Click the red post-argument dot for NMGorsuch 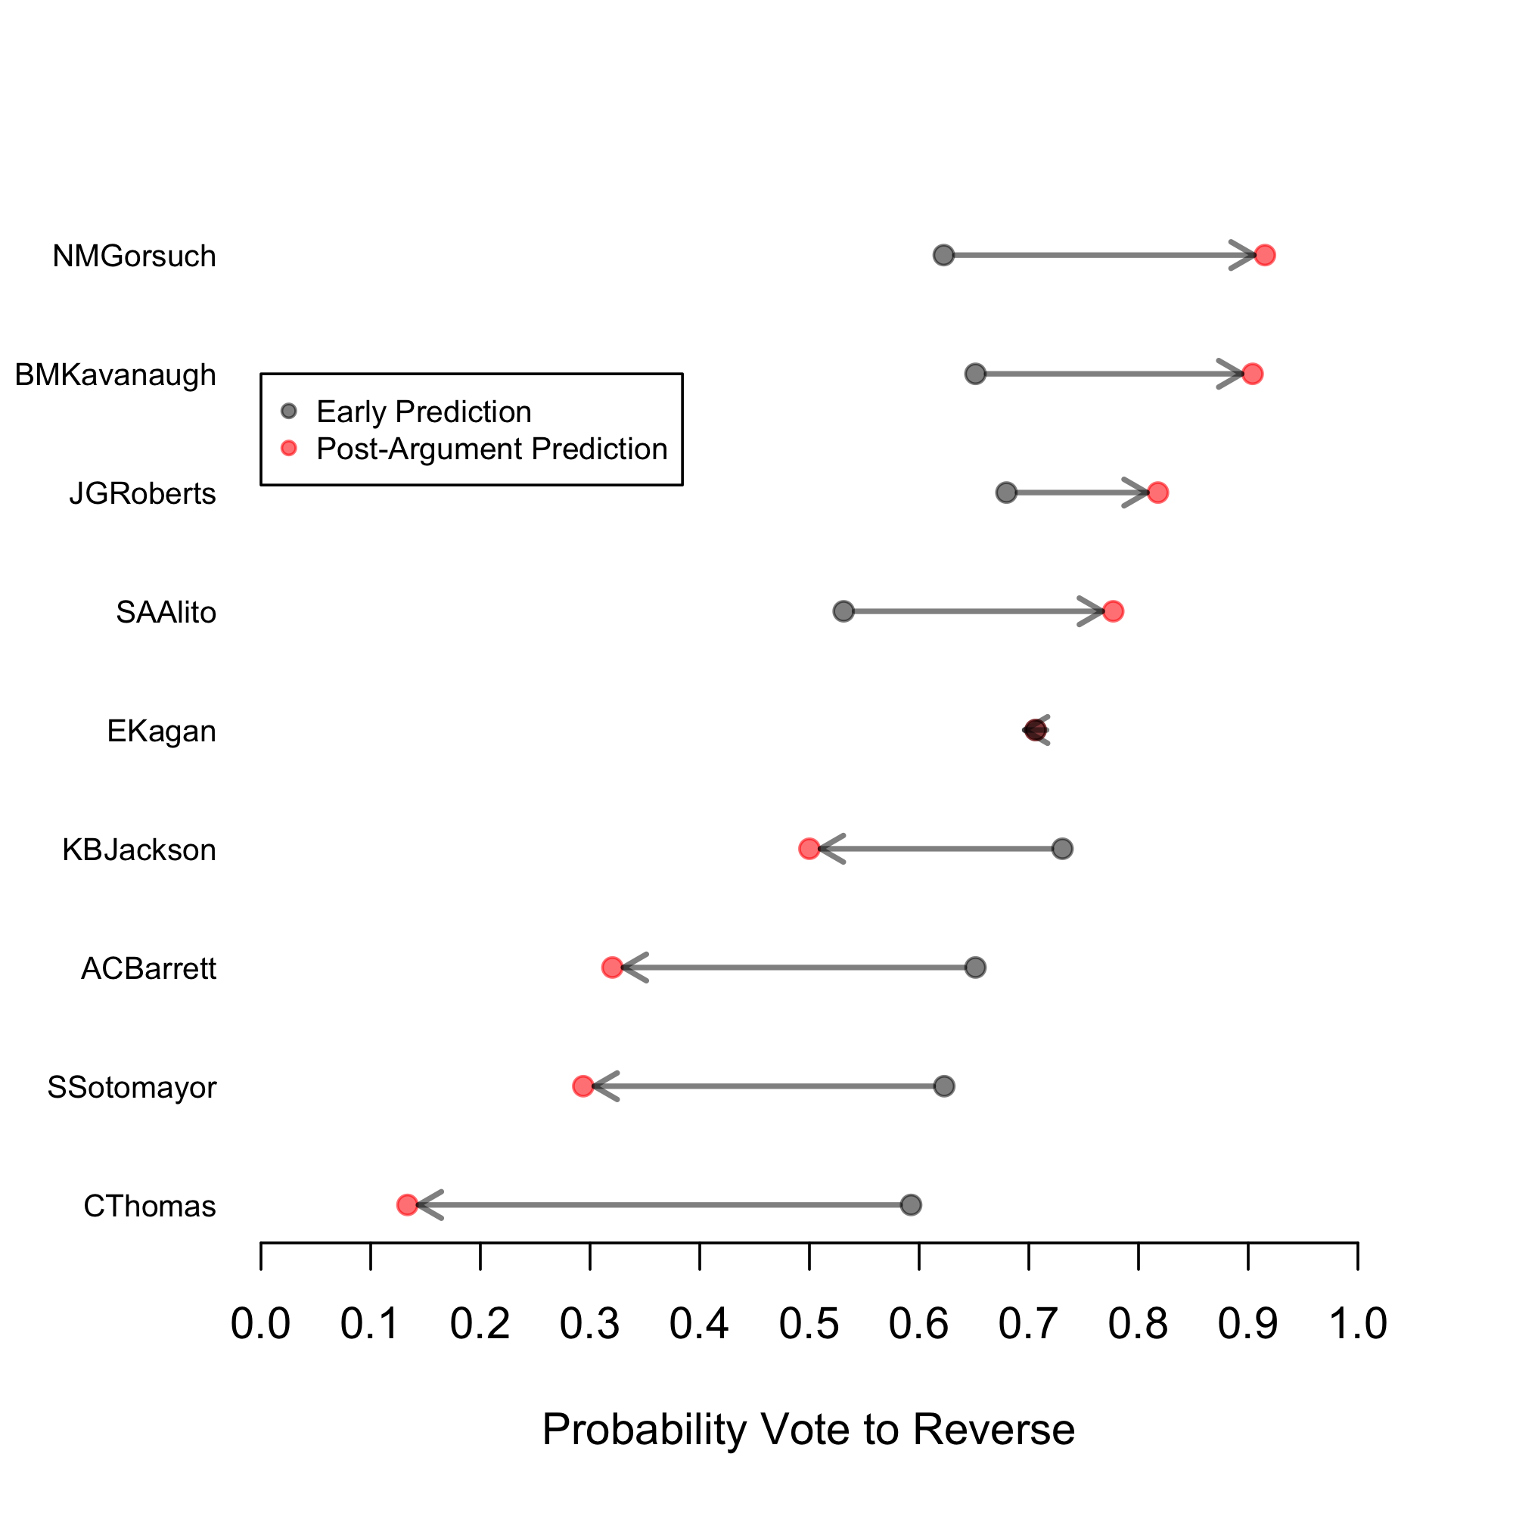click(x=1264, y=255)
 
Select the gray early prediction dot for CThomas click(x=910, y=1204)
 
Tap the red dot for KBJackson click(x=809, y=849)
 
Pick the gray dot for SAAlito click(x=843, y=610)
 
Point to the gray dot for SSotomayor click(x=944, y=1086)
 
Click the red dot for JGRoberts click(x=1157, y=492)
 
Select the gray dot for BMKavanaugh click(x=975, y=374)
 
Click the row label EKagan click(x=161, y=732)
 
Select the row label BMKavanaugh click(x=115, y=375)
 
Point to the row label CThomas click(x=150, y=1206)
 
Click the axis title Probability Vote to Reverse click(x=808, y=1429)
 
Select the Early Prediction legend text click(x=424, y=412)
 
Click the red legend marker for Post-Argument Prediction click(x=289, y=448)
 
